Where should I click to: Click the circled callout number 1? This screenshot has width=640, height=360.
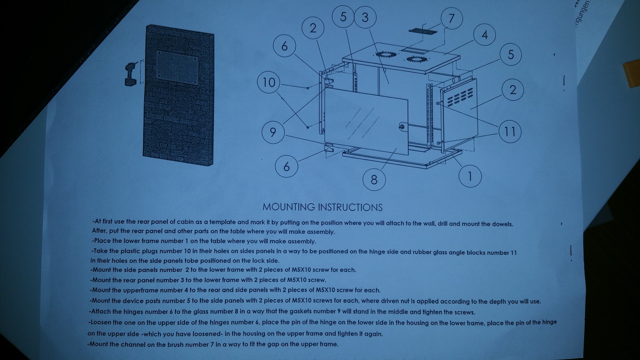pos(470,176)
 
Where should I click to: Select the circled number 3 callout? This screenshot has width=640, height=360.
pos(365,17)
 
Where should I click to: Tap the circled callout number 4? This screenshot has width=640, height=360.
pos(484,35)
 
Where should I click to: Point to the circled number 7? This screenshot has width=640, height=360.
pos(452,18)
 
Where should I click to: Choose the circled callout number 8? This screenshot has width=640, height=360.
pos(374,180)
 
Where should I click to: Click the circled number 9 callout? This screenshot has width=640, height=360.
pos(273,132)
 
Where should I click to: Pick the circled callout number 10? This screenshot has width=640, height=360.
pos(268,82)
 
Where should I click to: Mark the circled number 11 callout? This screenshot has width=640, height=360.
pos(510,132)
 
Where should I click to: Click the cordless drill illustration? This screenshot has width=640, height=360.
pos(131,74)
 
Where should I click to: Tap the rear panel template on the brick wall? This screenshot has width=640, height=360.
pos(177,67)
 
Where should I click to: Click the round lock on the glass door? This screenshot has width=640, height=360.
pos(402,127)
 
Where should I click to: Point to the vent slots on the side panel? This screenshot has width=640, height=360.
pos(460,96)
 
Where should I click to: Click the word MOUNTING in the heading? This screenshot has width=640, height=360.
pos(289,207)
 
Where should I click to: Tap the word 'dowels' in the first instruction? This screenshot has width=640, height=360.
pos(503,224)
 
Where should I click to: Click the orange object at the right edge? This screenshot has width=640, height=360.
pos(631,73)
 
